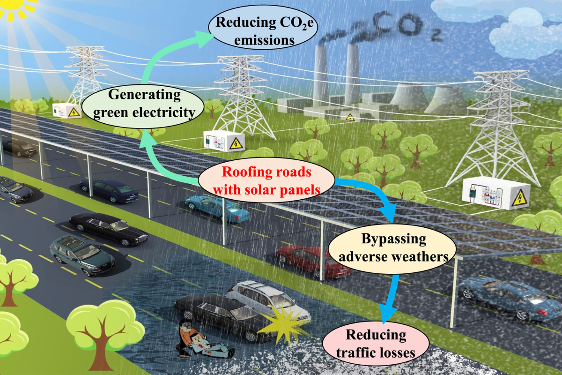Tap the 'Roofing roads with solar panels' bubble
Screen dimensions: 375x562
[266, 181]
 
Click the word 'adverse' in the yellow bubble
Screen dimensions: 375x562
[367, 256]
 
